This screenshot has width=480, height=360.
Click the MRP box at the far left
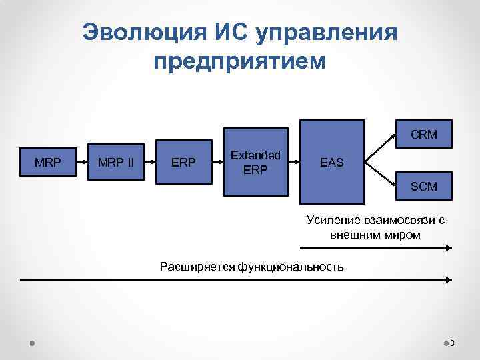[x=47, y=163]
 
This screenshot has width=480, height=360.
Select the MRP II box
[x=116, y=163]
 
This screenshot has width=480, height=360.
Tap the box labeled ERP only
[x=183, y=163]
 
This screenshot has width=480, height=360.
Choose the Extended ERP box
[x=255, y=162]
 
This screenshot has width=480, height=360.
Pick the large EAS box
[x=332, y=161]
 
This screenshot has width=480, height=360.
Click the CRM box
[x=423, y=134]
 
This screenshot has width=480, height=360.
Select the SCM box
[x=423, y=187]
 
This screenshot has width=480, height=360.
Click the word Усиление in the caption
[x=333, y=220]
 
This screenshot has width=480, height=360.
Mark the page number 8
[x=452, y=343]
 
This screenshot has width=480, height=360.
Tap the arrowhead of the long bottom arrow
[x=449, y=281]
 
